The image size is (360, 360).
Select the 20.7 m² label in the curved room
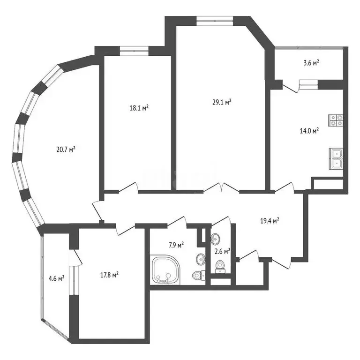coord(66,150)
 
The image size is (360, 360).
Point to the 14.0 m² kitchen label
coord(309,131)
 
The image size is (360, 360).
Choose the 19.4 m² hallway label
coord(270,219)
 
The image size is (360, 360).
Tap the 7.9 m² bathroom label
coord(176,245)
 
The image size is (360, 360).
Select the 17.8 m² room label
coord(110,275)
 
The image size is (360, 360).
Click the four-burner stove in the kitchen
coord(336,120)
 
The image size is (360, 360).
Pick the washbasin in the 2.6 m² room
coord(215,239)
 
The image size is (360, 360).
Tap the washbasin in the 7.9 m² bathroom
coord(201,259)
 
